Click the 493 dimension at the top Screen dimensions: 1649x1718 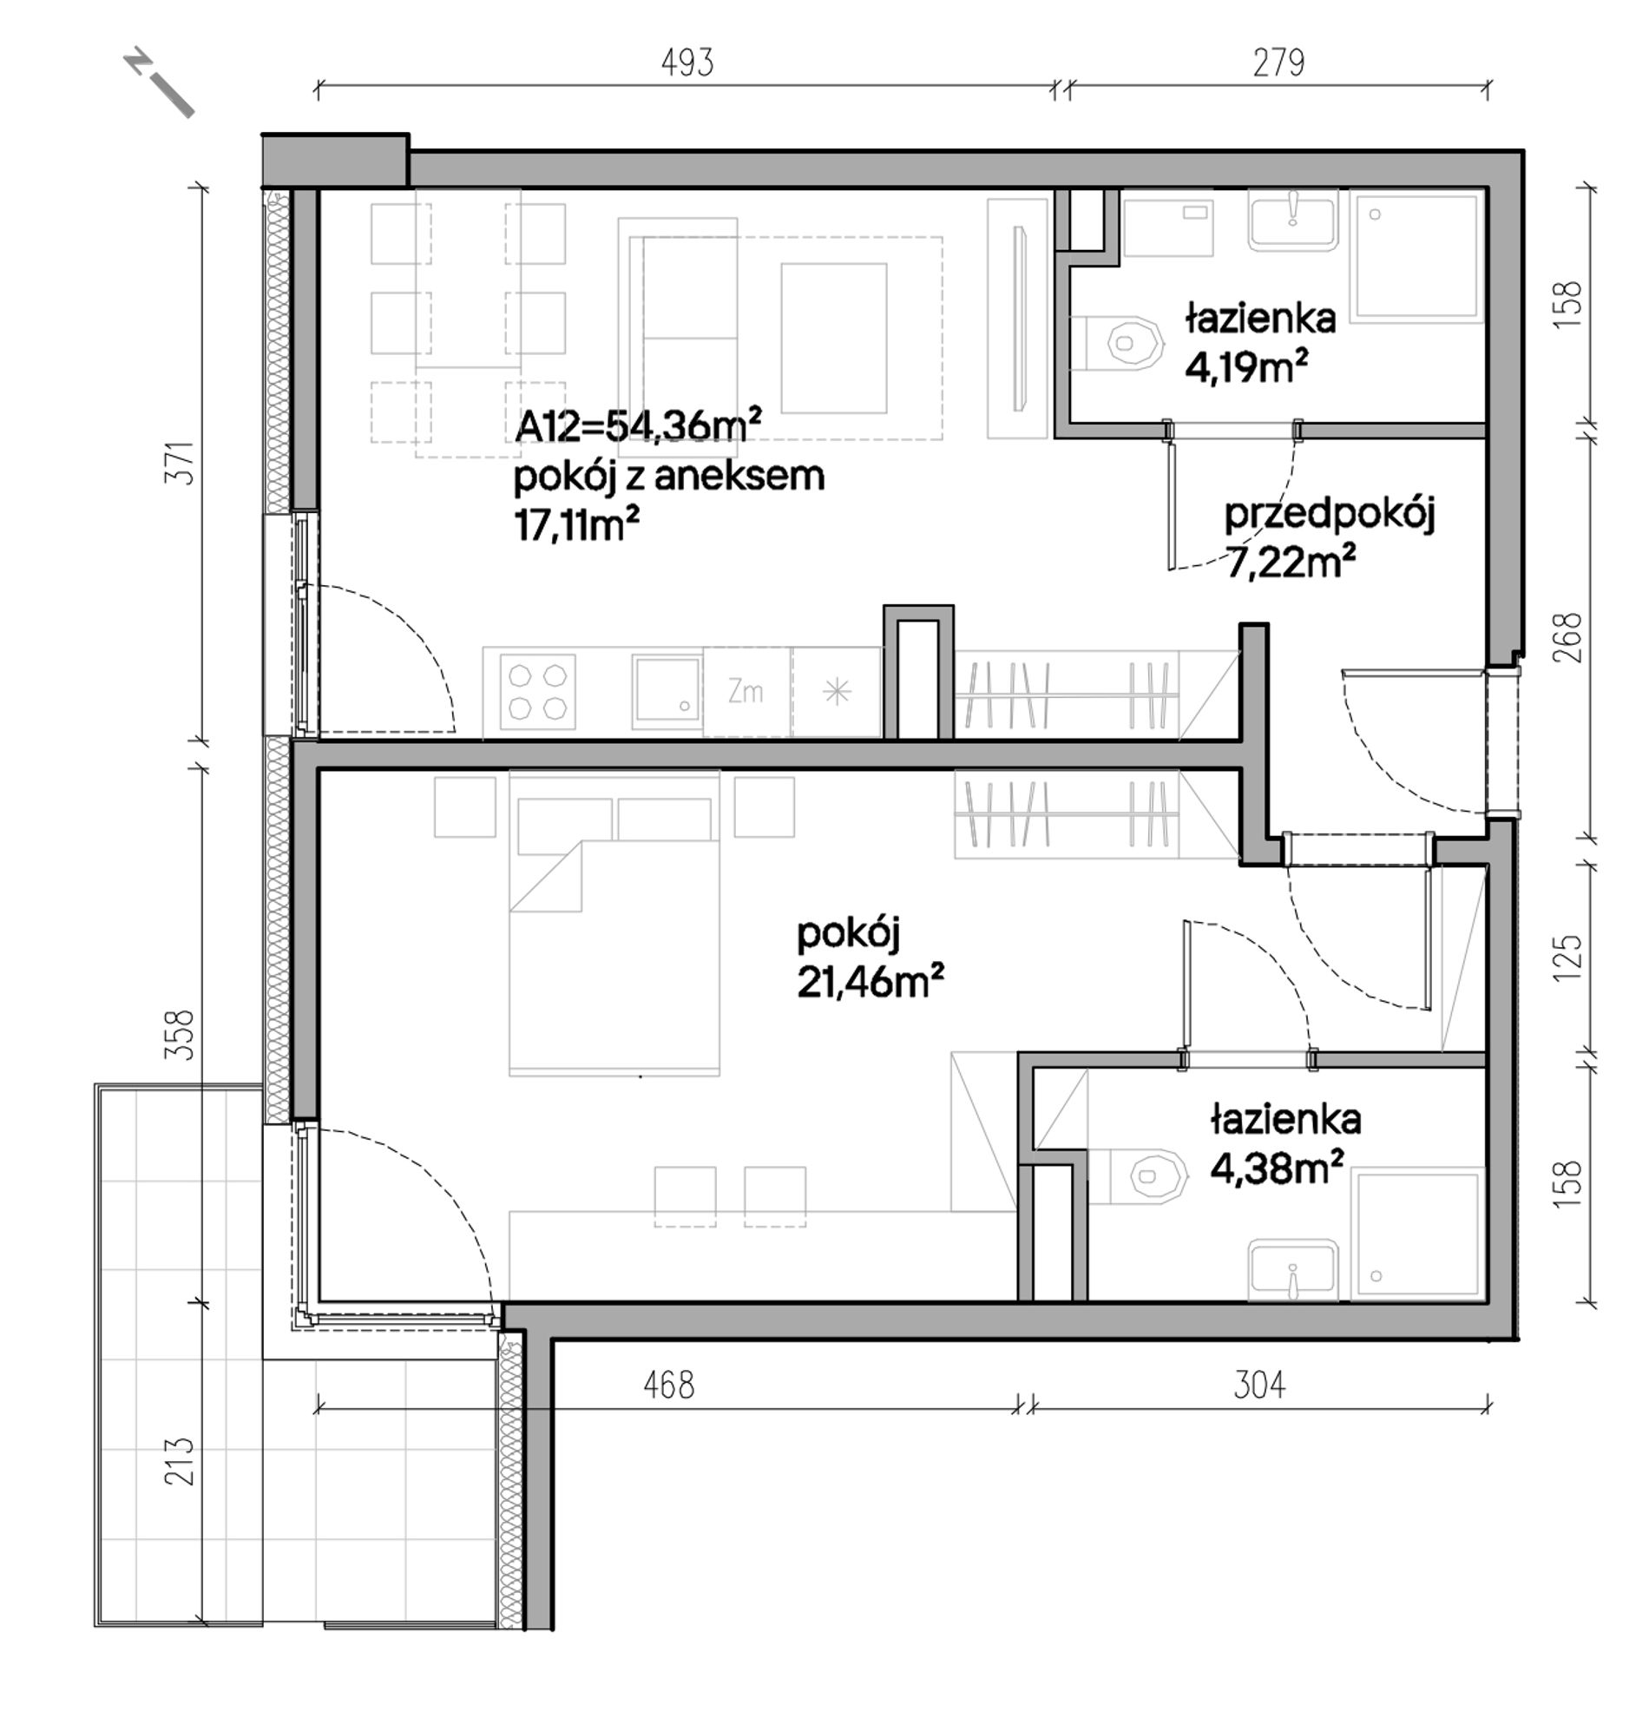[687, 63]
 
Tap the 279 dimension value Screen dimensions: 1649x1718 [1278, 63]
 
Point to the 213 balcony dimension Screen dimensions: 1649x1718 [180, 1460]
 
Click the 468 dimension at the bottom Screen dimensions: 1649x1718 [668, 1385]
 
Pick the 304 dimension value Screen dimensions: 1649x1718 [1259, 1385]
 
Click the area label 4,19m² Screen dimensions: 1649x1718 [1247, 366]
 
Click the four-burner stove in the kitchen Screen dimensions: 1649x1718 [538, 693]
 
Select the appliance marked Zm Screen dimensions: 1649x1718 [746, 693]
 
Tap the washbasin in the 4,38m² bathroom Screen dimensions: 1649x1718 [1292, 1269]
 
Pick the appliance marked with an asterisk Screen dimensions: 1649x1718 [837, 693]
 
